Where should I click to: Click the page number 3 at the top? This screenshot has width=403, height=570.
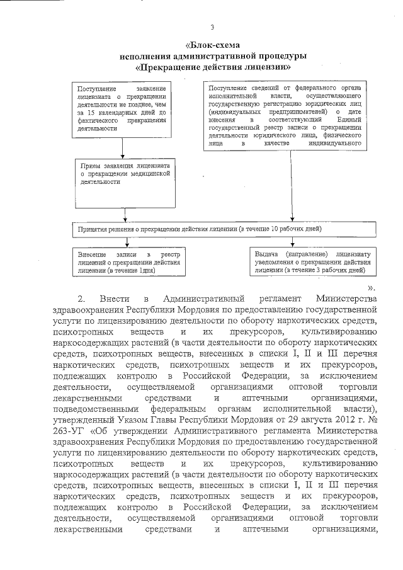point(212,27)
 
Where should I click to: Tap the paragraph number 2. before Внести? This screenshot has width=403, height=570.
point(81,297)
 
